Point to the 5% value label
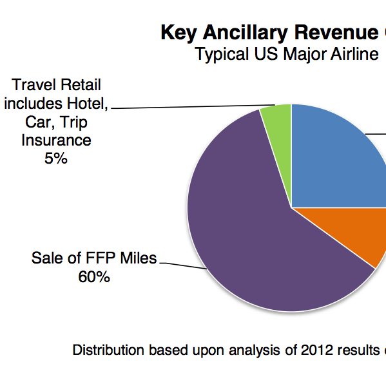pyautogui.click(x=56, y=158)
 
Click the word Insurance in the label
pyautogui.click(x=56, y=139)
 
